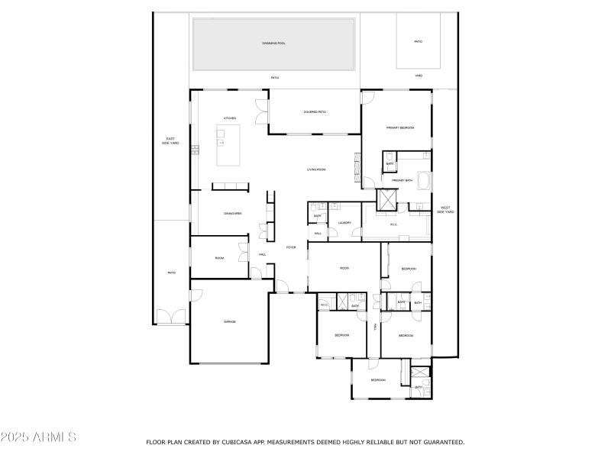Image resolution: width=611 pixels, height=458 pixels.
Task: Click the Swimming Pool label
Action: point(274,42)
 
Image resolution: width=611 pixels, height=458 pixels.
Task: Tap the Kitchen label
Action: point(229,118)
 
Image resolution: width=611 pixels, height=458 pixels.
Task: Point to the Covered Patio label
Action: point(315,112)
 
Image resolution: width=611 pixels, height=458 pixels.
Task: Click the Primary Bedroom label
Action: point(399,127)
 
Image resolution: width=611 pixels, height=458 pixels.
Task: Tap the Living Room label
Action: point(316,169)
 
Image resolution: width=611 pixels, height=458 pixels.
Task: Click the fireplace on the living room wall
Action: point(355,165)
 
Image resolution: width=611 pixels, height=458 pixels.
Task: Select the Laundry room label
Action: point(344,223)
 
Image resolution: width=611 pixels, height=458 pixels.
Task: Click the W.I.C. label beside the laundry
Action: point(394,224)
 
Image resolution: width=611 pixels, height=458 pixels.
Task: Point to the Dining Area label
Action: point(233,214)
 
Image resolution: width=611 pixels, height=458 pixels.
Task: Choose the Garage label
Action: point(229,321)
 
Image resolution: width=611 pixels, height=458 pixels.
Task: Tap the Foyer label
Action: point(291,247)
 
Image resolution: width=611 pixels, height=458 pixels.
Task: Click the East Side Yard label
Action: point(170,141)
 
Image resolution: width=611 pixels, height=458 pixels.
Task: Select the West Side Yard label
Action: point(445,210)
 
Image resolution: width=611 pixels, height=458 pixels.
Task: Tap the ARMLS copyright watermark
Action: point(38,437)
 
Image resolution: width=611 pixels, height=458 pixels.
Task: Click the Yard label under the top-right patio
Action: point(419,76)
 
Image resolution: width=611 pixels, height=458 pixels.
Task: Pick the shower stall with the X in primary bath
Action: point(388,198)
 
